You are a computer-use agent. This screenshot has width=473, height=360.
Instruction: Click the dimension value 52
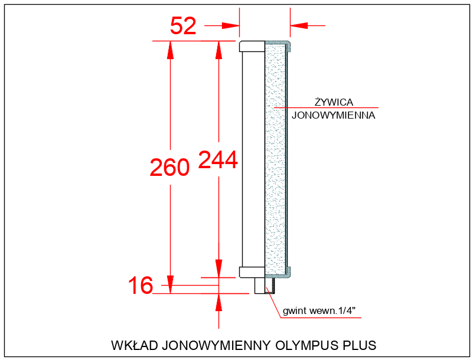coord(183,26)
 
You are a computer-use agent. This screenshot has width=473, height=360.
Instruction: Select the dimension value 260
coord(169,168)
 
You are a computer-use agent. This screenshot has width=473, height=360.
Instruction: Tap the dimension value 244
coord(218,160)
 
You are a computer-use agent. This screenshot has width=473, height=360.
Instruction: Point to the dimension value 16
coord(141,286)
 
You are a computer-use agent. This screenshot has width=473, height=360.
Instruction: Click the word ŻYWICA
coord(334,102)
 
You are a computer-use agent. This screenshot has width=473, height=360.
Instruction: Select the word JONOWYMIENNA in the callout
coord(334,116)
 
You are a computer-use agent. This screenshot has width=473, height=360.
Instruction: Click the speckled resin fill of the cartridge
coord(275,159)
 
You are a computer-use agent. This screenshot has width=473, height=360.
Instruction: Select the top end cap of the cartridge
coord(252,46)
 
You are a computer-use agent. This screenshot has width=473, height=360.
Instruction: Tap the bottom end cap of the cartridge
coord(252,272)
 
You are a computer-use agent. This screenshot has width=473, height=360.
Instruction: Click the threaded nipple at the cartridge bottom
coord(260,286)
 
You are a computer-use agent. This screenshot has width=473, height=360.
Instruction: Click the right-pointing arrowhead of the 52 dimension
coord(231,25)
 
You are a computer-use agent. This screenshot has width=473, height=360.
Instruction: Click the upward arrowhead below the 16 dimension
coord(218,302)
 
